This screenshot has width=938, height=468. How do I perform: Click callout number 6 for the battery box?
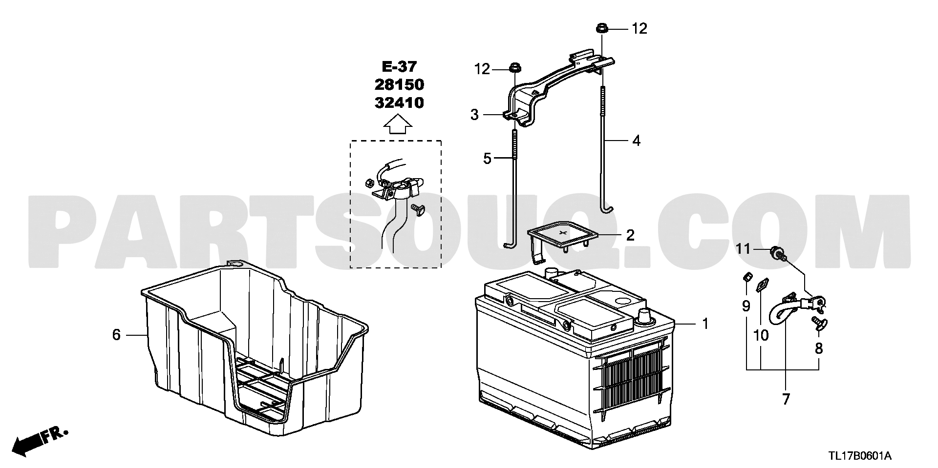pyautogui.click(x=116, y=335)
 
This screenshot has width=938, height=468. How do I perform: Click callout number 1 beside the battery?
pyautogui.click(x=705, y=324)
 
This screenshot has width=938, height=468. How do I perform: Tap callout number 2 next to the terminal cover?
pyautogui.click(x=631, y=235)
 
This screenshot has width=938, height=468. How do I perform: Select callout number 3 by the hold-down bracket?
pyautogui.click(x=474, y=115)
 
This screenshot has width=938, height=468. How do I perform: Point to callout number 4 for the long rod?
pyautogui.click(x=636, y=141)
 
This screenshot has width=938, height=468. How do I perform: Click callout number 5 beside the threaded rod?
pyautogui.click(x=487, y=158)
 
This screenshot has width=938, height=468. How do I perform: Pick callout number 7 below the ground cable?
pyautogui.click(x=786, y=400)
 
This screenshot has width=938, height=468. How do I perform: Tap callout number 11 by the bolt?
pyautogui.click(x=743, y=249)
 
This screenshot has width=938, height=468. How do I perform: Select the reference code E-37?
pyautogui.click(x=399, y=66)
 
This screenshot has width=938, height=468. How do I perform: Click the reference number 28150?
pyautogui.click(x=399, y=84)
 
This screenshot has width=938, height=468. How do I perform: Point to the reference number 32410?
pyautogui.click(x=399, y=102)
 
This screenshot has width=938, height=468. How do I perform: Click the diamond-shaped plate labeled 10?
pyautogui.click(x=761, y=285)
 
